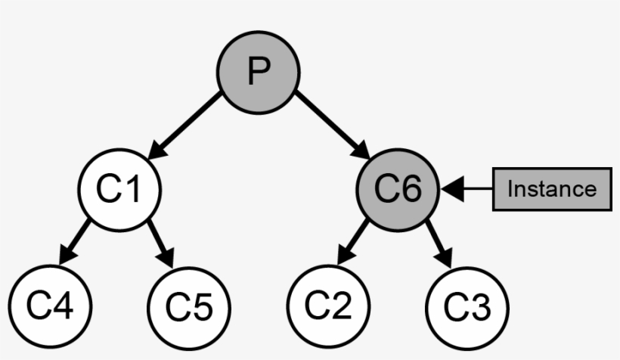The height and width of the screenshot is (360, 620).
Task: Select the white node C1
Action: click(x=119, y=189)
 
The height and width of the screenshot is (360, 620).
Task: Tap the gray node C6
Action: click(x=398, y=189)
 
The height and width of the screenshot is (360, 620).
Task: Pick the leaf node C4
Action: click(x=50, y=306)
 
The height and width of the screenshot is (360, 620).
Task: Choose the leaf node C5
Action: click(x=188, y=306)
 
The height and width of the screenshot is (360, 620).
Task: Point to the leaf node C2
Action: click(x=329, y=306)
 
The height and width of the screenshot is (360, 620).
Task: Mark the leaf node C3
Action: click(x=467, y=306)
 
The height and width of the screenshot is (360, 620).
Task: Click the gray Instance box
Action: click(x=552, y=189)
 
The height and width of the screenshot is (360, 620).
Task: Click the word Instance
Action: click(x=552, y=189)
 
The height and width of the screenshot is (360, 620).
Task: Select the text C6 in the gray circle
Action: click(x=398, y=189)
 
